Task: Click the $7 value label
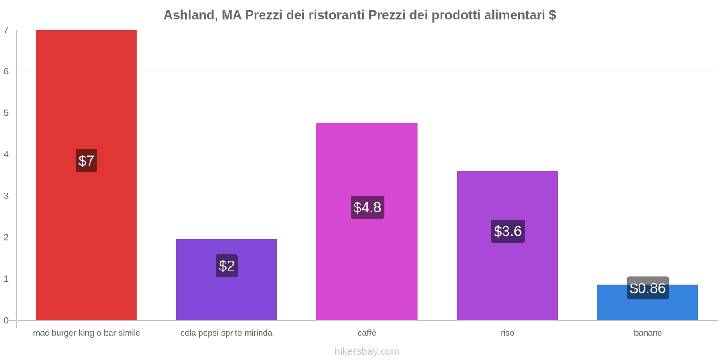click(x=86, y=161)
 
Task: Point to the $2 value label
click(x=227, y=265)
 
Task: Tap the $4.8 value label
click(x=367, y=207)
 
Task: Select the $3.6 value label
click(x=508, y=231)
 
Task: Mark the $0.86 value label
click(x=648, y=288)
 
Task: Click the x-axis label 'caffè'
click(x=367, y=333)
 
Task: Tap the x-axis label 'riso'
click(x=507, y=333)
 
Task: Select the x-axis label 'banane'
click(x=648, y=333)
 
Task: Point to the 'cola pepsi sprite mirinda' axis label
click(x=226, y=333)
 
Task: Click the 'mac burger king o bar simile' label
click(x=86, y=333)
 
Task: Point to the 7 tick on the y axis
click(x=6, y=30)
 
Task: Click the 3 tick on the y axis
click(x=6, y=196)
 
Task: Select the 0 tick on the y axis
click(x=6, y=320)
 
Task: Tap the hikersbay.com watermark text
click(x=367, y=351)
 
